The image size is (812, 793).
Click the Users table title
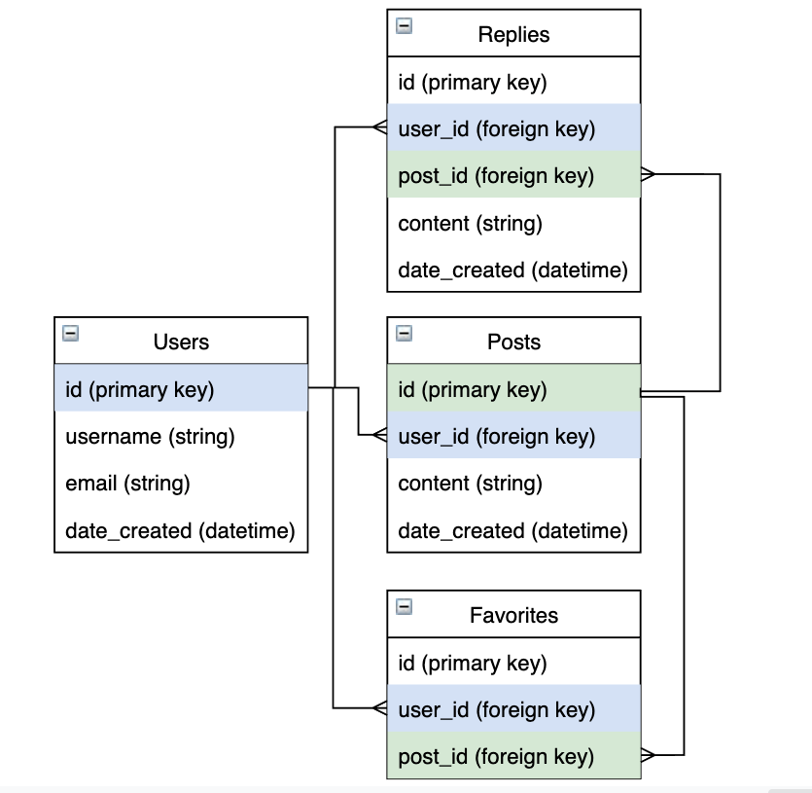pos(181,342)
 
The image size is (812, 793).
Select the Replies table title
pos(513,34)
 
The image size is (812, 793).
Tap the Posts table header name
pos(513,342)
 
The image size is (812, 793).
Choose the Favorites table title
pos(513,615)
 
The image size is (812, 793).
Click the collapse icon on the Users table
pos(70,334)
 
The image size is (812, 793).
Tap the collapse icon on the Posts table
pos(404,334)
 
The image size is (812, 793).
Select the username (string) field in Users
pos(150,437)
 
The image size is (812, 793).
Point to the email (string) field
pos(127,484)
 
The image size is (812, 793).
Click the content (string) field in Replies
pos(470,224)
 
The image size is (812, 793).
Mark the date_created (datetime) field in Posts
pos(512,531)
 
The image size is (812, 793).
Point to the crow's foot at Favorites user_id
pos(379,708)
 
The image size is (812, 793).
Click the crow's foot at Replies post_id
pos(649,175)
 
